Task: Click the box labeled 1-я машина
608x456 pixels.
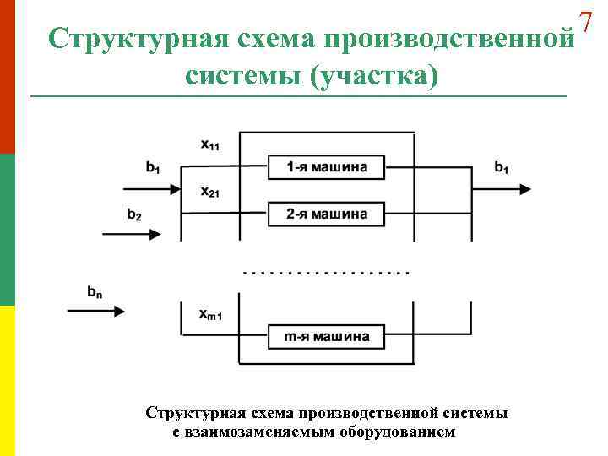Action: point(327,167)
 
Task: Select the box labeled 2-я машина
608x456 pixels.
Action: point(327,214)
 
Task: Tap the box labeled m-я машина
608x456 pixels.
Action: point(327,337)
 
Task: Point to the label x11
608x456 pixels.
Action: point(209,144)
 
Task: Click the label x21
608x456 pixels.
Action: point(209,192)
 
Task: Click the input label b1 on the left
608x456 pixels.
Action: point(152,167)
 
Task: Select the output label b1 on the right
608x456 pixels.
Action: point(502,167)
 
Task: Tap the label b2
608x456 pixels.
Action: point(133,214)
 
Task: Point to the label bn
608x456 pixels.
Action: point(95,292)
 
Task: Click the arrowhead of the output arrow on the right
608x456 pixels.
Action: point(525,189)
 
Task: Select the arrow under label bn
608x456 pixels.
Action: point(96,311)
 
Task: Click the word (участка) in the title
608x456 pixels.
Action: point(374,76)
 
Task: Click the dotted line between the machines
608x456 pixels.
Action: point(326,273)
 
